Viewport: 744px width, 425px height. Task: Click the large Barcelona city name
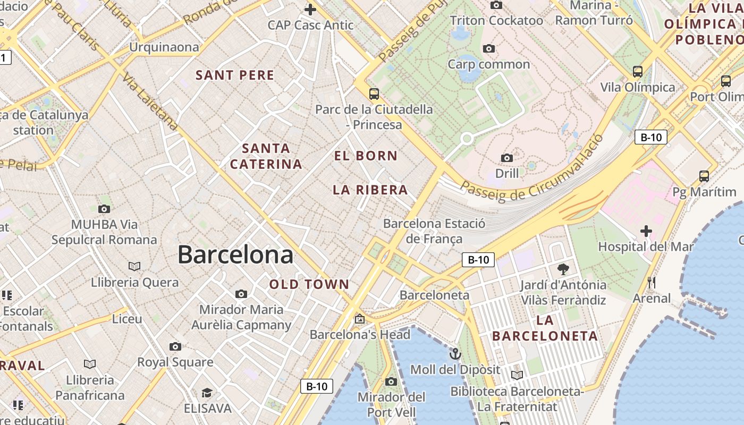pos(235,255)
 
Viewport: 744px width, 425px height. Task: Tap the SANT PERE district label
pos(235,75)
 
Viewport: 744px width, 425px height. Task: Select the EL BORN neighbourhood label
pos(366,156)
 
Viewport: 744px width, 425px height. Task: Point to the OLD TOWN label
pos(309,285)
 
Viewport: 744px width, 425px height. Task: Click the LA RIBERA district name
pos(370,190)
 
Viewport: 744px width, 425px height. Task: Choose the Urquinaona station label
pos(164,47)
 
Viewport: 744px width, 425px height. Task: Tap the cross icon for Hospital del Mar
pos(646,231)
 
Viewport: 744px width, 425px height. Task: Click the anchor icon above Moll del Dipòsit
pos(455,354)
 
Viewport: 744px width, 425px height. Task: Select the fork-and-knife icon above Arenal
pos(652,283)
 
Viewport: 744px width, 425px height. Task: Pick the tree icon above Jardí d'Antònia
pos(563,269)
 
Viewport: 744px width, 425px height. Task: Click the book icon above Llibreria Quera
pos(134,266)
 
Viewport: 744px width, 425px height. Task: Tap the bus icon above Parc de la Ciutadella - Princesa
pos(374,94)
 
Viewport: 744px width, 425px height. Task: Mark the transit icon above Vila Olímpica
pos(638,71)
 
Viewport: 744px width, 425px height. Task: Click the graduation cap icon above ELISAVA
pos(207,393)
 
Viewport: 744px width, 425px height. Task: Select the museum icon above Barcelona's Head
pos(360,319)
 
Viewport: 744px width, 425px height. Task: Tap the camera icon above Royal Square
pos(175,347)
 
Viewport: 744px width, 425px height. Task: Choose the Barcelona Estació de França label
pos(434,231)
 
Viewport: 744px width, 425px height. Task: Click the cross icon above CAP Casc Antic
pos(310,9)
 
